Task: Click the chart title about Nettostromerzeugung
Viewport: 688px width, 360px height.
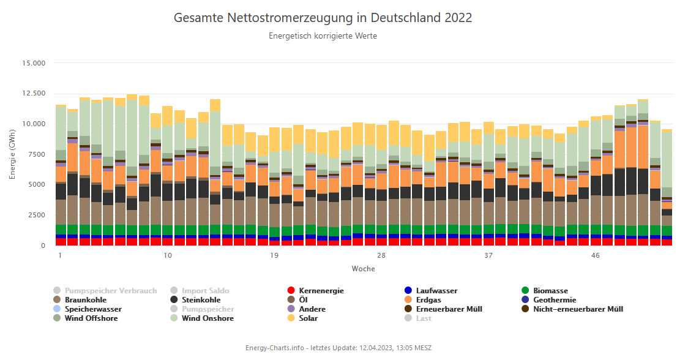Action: pos(323,18)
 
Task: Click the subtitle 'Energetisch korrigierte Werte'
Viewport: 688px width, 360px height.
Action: pos(323,36)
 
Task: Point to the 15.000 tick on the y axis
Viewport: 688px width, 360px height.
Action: pos(34,64)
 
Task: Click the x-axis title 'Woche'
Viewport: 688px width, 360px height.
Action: pos(364,269)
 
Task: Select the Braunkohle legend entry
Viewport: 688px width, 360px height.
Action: pos(86,300)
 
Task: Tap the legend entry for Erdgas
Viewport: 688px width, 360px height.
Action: pos(428,300)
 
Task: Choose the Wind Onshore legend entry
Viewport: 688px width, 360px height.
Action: pos(208,318)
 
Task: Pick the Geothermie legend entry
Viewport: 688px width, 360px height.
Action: pos(555,300)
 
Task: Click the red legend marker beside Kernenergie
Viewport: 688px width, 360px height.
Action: pos(292,291)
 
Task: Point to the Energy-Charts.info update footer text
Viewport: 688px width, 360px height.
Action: pos(338,348)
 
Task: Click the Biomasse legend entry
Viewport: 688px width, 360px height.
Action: pos(550,291)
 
